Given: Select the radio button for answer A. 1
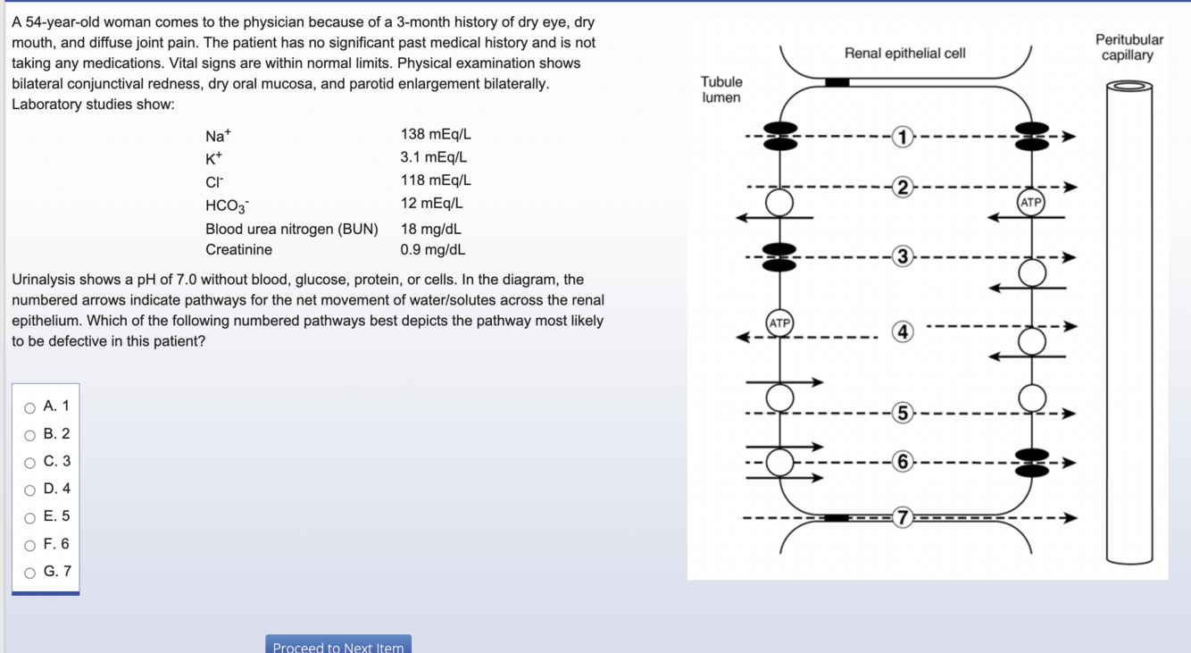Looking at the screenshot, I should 30,408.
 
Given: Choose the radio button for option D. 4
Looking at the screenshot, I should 30,490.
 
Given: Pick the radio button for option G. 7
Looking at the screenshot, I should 30,573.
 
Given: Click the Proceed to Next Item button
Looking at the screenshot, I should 338,646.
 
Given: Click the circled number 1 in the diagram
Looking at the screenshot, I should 903,137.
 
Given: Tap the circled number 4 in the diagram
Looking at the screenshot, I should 903,332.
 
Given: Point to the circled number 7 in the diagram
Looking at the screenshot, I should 903,517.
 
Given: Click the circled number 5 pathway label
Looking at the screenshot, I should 903,413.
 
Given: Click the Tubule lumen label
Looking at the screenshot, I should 721,89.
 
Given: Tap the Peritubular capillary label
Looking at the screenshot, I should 1129,47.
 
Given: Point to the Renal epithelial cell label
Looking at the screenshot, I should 904,54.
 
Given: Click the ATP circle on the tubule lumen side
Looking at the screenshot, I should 779,322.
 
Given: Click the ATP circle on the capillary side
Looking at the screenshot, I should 1031,203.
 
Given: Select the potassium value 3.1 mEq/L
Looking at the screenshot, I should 433,157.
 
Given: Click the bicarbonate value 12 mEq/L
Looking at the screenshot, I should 431,204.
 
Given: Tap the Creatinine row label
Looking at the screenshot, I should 238,250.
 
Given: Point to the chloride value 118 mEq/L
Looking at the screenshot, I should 436,180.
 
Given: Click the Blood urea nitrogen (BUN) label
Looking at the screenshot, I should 291,230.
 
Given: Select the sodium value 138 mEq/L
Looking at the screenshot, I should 436,135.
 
